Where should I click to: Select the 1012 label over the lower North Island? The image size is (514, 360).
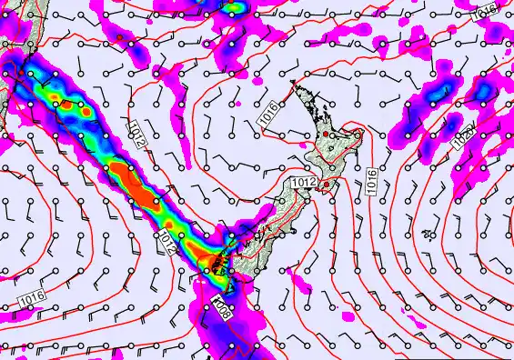tap(304, 185)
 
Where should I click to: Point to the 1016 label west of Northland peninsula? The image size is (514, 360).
tap(267, 115)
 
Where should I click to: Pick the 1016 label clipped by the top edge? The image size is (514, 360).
tap(486, 10)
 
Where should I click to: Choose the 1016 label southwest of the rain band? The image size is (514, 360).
tap(31, 296)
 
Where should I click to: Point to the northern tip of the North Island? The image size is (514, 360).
tap(293, 83)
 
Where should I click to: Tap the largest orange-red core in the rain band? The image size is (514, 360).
tap(137, 181)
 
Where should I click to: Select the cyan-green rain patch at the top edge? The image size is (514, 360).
tap(236, 8)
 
